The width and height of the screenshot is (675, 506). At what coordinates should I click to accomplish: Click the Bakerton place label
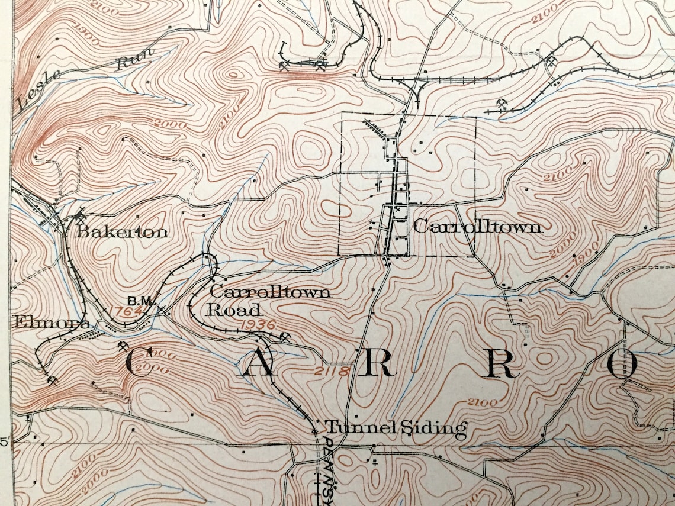121,232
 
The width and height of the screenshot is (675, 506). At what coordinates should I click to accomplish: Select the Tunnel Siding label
396,427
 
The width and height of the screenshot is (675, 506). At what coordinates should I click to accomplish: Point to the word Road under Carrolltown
234,310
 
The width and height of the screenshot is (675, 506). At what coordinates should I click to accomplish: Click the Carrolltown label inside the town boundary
477,227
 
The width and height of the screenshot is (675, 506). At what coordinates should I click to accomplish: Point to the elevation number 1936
258,324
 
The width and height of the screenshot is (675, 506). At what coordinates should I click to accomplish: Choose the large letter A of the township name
258,366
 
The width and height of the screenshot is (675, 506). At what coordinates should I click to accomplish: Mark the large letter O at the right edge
622,366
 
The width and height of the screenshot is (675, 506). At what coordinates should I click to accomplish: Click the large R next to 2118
377,366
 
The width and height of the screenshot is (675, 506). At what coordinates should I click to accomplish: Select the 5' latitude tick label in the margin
5,442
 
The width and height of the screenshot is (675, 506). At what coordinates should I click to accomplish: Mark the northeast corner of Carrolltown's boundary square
476,116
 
